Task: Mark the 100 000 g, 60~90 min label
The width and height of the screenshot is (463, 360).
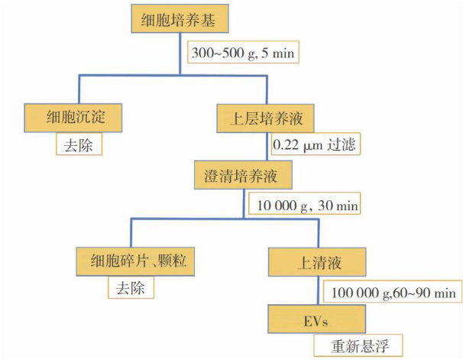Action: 393,292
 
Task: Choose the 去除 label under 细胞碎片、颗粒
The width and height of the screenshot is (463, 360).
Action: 131,288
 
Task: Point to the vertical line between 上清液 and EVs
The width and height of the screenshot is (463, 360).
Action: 316,290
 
